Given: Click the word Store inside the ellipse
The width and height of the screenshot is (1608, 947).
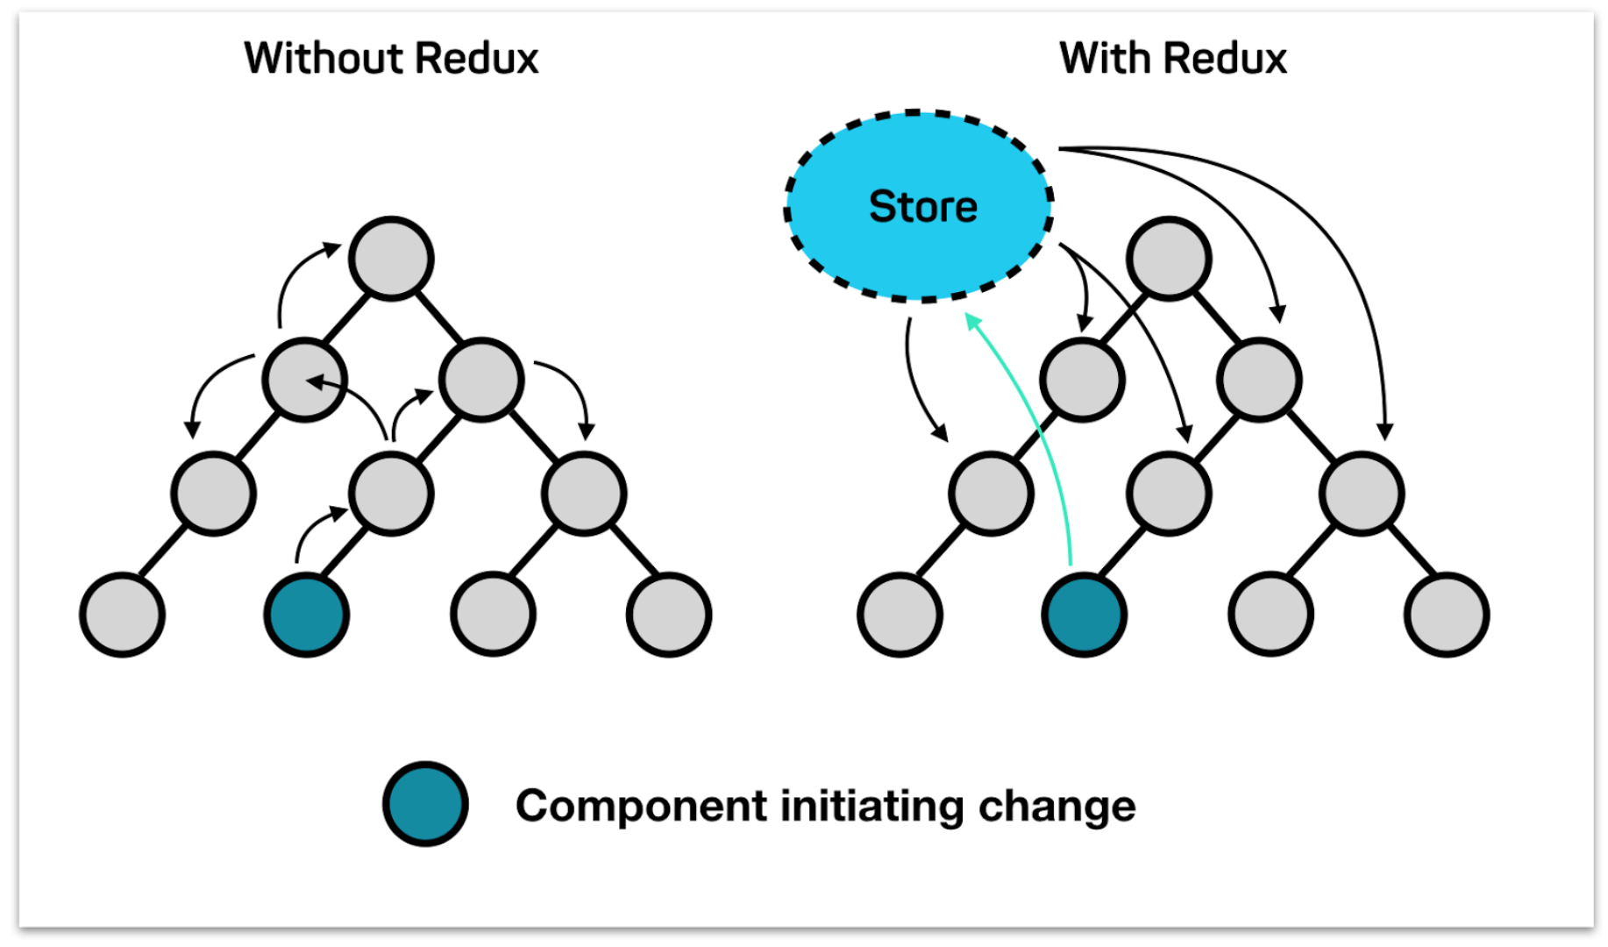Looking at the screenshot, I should click(x=922, y=207).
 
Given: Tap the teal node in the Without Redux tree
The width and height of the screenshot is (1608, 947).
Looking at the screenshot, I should click(x=307, y=615).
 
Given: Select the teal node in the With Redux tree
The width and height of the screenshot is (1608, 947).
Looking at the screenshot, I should click(x=1085, y=615).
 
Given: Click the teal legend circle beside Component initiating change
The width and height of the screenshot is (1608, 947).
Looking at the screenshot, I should click(x=425, y=804).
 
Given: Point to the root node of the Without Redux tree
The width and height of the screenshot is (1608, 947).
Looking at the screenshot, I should click(x=391, y=259).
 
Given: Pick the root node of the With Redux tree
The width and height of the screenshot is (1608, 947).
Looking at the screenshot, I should click(x=1169, y=259).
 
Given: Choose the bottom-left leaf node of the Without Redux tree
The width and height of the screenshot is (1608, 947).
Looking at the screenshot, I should click(x=123, y=615).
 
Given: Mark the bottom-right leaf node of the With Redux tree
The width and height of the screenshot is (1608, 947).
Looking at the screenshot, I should click(x=1447, y=615).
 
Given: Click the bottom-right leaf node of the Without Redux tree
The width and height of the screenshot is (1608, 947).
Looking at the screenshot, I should click(x=669, y=615).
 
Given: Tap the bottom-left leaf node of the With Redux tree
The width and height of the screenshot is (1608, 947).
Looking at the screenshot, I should click(x=900, y=615).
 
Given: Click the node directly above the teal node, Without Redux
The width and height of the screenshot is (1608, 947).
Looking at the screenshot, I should click(x=391, y=494).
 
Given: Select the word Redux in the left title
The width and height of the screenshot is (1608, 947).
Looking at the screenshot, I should click(x=476, y=59).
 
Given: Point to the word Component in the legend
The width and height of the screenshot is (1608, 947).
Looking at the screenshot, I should click(x=641, y=806).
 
